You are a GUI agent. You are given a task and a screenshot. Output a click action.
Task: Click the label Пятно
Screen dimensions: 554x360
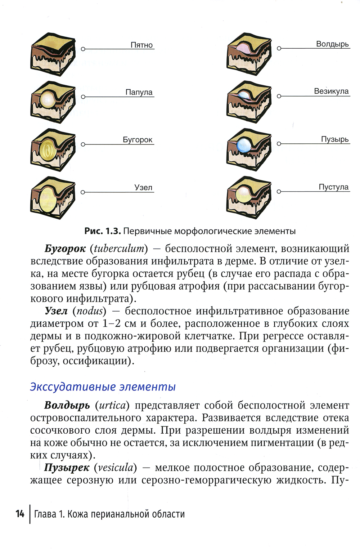pyautogui.click(x=141, y=45)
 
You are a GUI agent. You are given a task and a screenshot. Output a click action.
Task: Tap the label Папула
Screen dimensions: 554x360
pyautogui.click(x=139, y=92)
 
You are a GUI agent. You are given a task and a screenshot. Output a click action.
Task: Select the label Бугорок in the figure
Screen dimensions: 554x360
pyautogui.click(x=138, y=140)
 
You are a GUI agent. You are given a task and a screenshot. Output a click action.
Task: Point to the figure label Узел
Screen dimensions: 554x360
pyautogui.click(x=143, y=187)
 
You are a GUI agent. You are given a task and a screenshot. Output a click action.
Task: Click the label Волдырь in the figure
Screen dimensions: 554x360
pyautogui.click(x=332, y=44)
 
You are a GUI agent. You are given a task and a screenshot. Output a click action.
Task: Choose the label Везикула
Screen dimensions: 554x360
pyautogui.click(x=331, y=91)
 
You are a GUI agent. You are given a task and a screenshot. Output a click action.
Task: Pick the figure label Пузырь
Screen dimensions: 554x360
pyautogui.click(x=335, y=139)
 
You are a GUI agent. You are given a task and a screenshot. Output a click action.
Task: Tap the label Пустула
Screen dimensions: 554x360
pyautogui.click(x=333, y=187)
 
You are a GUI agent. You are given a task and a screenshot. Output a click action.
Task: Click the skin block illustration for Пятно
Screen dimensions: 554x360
pyautogui.click(x=53, y=54)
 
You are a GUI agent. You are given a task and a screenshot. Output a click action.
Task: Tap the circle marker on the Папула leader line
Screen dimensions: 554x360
pyautogui.click(x=83, y=97)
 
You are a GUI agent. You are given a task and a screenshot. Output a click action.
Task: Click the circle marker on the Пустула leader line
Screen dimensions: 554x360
pyautogui.click(x=279, y=192)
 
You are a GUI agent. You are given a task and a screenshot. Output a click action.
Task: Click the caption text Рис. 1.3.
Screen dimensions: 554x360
pyautogui.click(x=103, y=231)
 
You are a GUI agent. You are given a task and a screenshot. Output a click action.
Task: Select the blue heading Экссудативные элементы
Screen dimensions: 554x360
pyautogui.click(x=103, y=387)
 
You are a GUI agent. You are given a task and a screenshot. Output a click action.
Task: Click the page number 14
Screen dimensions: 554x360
pyautogui.click(x=20, y=514)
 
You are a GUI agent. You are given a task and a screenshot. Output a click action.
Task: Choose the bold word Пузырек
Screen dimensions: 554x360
pyautogui.click(x=67, y=468)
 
